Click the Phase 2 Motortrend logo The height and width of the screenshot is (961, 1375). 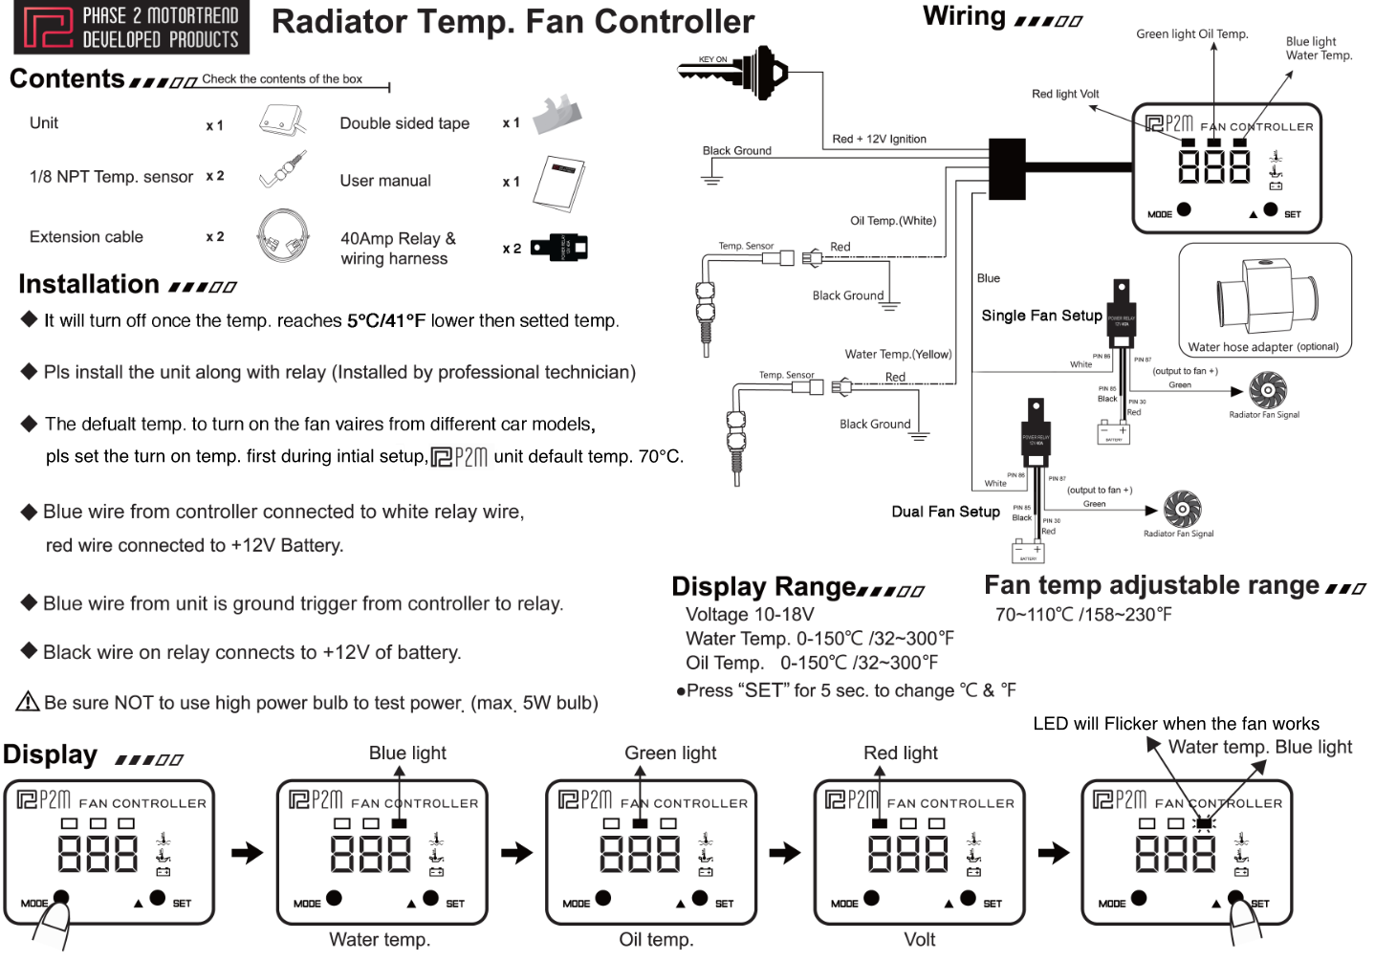(x=131, y=27)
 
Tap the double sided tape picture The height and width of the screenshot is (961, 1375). (x=557, y=116)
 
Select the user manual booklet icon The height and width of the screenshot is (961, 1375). (x=558, y=183)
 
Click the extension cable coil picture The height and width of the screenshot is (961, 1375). (x=283, y=236)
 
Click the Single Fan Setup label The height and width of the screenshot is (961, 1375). (x=1041, y=316)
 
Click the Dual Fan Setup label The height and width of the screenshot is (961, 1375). (x=945, y=512)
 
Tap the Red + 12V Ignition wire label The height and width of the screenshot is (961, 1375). (x=879, y=139)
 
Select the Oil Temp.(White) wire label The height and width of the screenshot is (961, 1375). (x=893, y=221)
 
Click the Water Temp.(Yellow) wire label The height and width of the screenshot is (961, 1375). (x=898, y=354)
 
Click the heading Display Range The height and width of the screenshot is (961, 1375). (x=763, y=586)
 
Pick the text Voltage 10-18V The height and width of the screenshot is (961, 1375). (x=750, y=614)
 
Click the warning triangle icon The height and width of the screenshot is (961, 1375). (x=28, y=702)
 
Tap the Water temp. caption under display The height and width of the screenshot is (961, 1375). (x=380, y=939)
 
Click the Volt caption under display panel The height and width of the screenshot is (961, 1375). (x=919, y=939)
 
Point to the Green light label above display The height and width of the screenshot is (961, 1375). (x=669, y=753)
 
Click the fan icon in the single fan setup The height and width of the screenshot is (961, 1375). (x=1268, y=390)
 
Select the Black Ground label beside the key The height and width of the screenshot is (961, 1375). (x=736, y=150)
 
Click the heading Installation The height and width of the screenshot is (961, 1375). (x=89, y=284)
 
